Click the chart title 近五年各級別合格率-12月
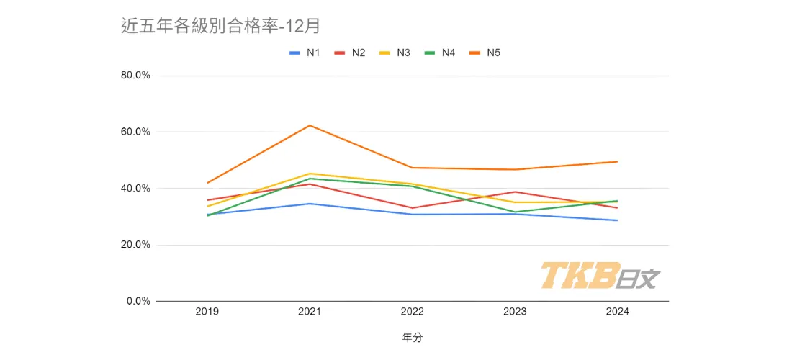(220, 27)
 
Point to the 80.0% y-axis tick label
(134, 76)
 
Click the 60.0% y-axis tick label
(134, 132)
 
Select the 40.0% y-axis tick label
(134, 188)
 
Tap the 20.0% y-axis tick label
(134, 245)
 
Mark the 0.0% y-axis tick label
(137, 301)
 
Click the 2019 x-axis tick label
(207, 312)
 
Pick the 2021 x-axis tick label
(310, 312)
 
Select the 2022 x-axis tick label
(413, 312)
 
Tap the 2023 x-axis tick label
(515, 312)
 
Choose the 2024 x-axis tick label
(617, 312)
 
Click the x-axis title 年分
(413, 337)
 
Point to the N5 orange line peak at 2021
(310, 125)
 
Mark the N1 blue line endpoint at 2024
(617, 220)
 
